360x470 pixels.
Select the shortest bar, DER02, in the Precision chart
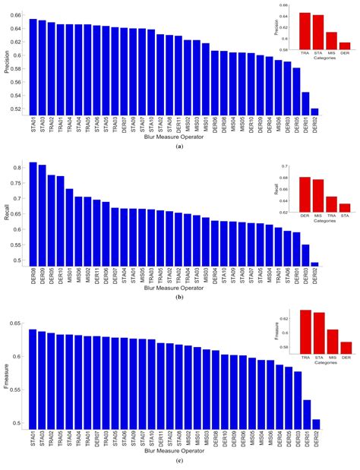tap(314, 111)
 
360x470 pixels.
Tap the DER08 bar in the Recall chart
tap(33, 213)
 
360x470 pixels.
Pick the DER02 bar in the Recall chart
tap(314, 263)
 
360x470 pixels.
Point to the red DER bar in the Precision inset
tap(344, 45)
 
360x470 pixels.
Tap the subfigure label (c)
tap(179, 463)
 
